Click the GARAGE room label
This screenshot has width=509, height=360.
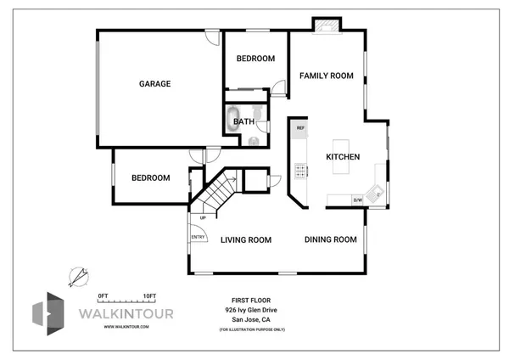click(155, 84)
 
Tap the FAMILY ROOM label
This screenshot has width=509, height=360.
click(326, 76)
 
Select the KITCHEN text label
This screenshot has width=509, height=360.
click(344, 157)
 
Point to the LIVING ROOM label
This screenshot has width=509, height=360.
click(246, 240)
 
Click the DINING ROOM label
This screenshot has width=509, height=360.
click(331, 239)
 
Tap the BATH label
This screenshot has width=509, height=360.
click(243, 121)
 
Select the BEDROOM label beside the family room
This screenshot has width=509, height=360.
click(255, 59)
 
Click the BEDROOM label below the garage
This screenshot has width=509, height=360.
click(150, 178)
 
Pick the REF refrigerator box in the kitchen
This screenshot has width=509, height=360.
click(300, 128)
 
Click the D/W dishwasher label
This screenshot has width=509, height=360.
click(358, 200)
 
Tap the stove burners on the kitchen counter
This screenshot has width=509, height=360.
click(300, 171)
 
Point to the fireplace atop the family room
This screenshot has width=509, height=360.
click(327, 25)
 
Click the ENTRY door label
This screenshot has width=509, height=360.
click(198, 237)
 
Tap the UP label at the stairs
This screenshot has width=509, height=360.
click(203, 218)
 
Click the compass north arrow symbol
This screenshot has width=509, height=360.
click(79, 277)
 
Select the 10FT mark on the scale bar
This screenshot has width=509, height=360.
click(149, 295)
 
